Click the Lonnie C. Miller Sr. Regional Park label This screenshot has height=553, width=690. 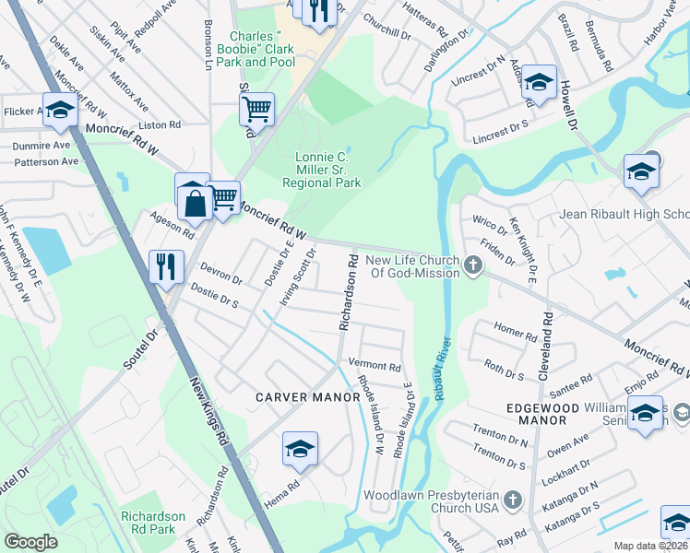[327, 170]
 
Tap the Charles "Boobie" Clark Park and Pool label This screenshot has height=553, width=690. [262, 50]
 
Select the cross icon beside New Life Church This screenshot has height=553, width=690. [473, 267]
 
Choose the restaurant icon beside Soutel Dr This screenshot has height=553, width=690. [166, 267]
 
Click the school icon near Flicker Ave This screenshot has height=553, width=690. [60, 110]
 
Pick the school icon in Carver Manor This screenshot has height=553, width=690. [300, 449]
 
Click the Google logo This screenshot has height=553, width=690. [31, 542]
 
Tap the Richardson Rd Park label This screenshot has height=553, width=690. [153, 523]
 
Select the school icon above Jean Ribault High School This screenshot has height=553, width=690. [641, 171]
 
